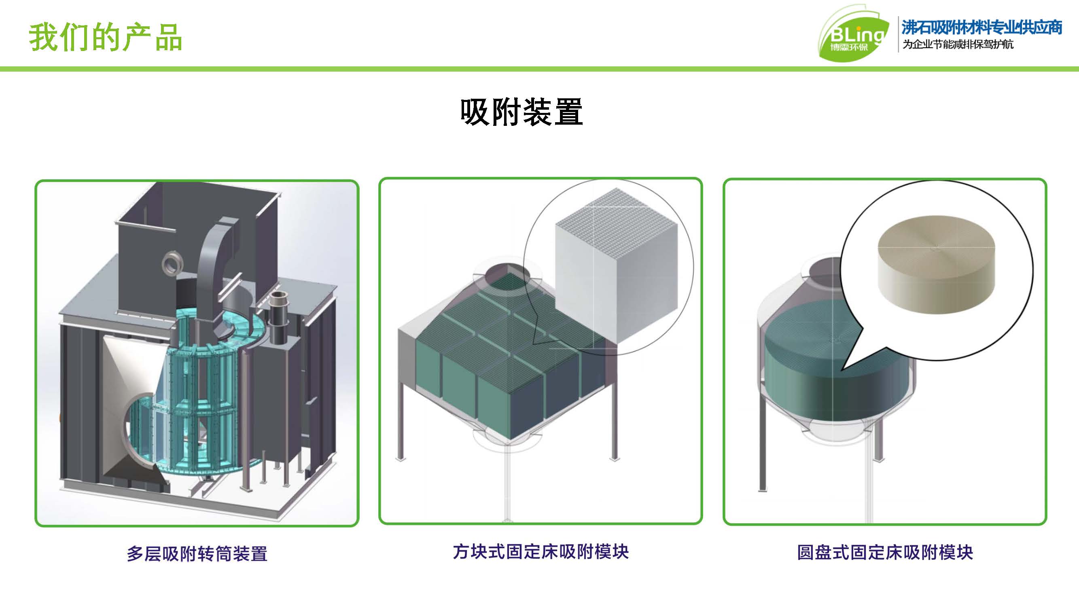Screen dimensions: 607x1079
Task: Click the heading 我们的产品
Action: [x=105, y=38]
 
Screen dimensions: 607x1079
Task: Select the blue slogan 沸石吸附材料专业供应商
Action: [x=982, y=28]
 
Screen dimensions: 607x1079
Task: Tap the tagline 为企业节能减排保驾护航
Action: [x=958, y=45]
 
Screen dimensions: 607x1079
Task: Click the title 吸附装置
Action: [x=521, y=112]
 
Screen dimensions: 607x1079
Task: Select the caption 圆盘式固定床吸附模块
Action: [x=885, y=552]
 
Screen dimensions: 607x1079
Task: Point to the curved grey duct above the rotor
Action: [x=214, y=268]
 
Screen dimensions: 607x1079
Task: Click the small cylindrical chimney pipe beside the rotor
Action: [x=277, y=318]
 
